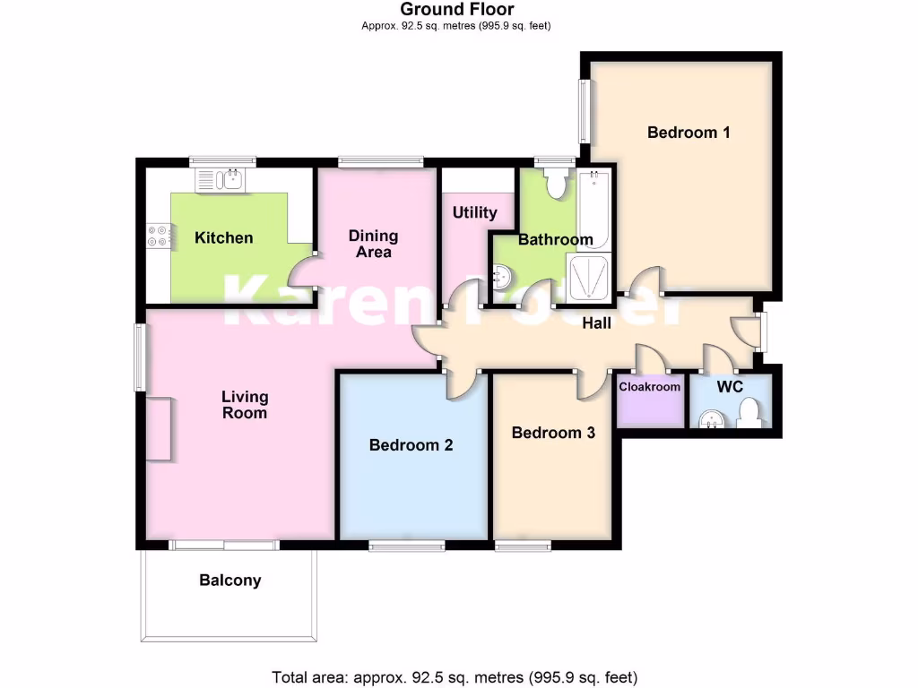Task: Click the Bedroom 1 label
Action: [688, 133]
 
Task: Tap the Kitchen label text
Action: [224, 237]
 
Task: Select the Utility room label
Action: [474, 212]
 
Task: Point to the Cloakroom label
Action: [650, 387]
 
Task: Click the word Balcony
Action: [230, 580]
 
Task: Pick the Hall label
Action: [597, 322]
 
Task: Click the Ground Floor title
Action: [456, 10]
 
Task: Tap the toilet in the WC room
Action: [749, 413]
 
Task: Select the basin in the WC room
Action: [711, 418]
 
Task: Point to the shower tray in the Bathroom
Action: [590, 276]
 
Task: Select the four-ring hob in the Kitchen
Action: [159, 234]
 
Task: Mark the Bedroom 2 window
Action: [406, 546]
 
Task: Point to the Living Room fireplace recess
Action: [159, 428]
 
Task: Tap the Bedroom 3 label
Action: [553, 433]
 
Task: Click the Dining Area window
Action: [381, 162]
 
